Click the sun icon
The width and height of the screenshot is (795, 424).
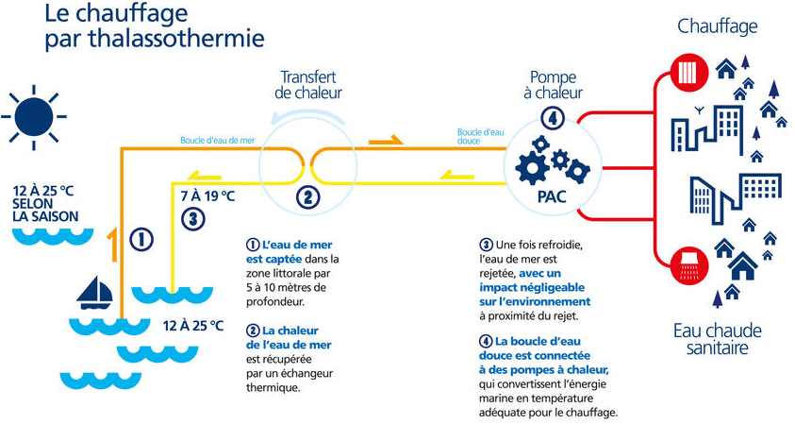34,117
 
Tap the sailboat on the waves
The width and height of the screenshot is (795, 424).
94,293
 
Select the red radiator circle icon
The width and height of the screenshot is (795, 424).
688,73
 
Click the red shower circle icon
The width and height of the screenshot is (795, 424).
688,266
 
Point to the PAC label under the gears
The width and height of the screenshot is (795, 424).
552,196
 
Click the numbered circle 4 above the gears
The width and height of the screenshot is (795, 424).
553,118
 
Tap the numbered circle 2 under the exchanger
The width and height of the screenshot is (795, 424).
307,196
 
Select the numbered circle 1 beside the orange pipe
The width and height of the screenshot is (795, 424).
141,239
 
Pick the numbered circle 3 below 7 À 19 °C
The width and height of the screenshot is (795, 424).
193,219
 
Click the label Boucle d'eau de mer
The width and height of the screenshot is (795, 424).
218,140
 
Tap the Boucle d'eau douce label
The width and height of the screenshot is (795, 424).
480,137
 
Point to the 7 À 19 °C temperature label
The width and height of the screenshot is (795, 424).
207,196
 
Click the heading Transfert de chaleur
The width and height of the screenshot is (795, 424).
308,85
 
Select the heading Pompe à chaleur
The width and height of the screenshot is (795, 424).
554,85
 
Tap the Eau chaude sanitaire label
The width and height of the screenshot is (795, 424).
718,339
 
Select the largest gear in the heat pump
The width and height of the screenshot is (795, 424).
533,167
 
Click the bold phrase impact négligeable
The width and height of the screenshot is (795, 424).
532,287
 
